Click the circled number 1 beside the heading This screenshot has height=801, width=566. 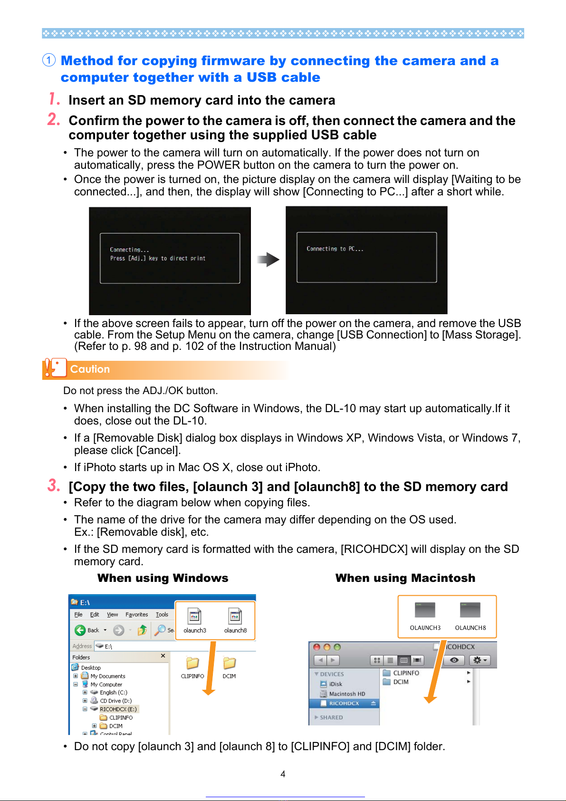(49, 60)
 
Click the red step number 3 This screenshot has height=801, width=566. (54, 485)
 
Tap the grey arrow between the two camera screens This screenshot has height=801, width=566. (269, 260)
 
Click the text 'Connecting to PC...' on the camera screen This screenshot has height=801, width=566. (335, 249)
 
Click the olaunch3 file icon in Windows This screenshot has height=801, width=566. (194, 617)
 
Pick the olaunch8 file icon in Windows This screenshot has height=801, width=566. (235, 617)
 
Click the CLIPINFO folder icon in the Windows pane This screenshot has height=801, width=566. (192, 663)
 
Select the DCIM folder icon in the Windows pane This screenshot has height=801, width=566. (229, 663)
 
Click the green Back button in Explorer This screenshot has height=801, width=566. (80, 630)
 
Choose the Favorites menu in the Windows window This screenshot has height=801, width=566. (136, 615)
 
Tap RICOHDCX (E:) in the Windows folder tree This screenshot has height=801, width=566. (118, 709)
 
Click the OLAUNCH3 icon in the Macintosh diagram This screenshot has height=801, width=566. (425, 610)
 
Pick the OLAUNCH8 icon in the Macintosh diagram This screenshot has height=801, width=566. (470, 610)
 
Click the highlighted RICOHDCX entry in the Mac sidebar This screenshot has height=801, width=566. (344, 704)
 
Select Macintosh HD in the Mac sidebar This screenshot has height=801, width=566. (347, 694)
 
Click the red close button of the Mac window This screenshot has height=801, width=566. (317, 647)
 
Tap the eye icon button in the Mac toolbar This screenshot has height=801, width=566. (454, 660)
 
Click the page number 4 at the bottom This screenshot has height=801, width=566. (283, 774)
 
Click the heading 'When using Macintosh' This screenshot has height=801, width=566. (405, 578)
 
